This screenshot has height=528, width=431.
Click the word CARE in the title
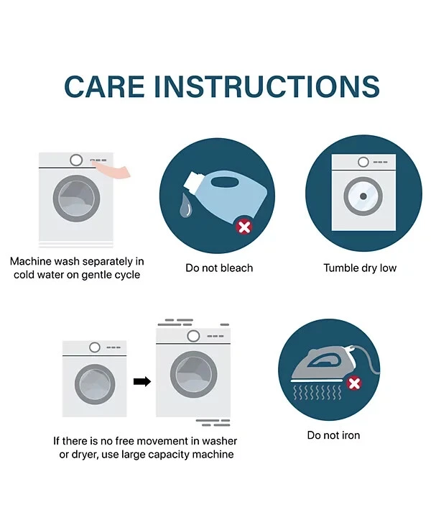[104, 87]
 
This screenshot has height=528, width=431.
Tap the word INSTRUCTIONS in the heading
[267, 87]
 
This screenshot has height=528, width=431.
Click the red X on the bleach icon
[244, 227]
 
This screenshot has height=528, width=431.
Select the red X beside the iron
[354, 383]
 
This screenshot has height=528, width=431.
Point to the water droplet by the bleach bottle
[185, 205]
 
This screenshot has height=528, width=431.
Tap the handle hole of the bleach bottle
[225, 182]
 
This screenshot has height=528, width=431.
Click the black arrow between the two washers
[142, 381]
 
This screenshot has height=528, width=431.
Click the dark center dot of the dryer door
[363, 196]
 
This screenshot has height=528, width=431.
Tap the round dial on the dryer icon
[363, 163]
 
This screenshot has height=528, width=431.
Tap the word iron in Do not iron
[351, 435]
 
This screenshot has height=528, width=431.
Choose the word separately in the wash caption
[108, 262]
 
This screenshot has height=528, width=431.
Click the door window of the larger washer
[193, 375]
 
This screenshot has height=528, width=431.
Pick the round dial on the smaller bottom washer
[95, 347]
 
